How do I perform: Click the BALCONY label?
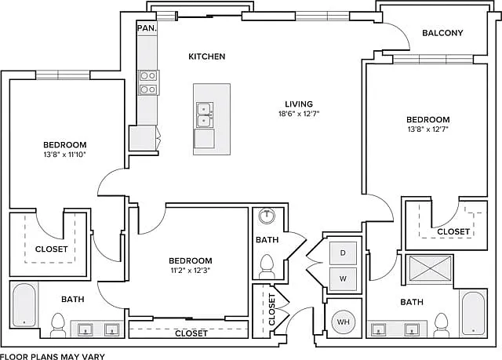[442, 33]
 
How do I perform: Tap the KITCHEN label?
[207, 56]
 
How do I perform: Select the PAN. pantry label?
[147, 28]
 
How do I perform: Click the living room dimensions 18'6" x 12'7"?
[299, 114]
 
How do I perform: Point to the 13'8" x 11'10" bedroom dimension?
[65, 155]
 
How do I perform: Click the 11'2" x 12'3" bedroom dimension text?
[190, 271]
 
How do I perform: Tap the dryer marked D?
[343, 253]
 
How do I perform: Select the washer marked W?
[343, 278]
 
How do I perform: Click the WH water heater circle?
[344, 322]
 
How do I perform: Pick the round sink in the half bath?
[267, 216]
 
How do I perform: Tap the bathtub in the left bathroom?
[24, 304]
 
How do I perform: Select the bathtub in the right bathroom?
[473, 313]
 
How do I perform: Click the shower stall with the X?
[429, 268]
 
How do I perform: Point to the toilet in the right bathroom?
[442, 325]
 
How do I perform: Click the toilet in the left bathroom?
[58, 325]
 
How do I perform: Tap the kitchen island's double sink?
[205, 115]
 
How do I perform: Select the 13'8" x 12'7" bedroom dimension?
[427, 129]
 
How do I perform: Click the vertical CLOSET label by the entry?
[272, 310]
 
